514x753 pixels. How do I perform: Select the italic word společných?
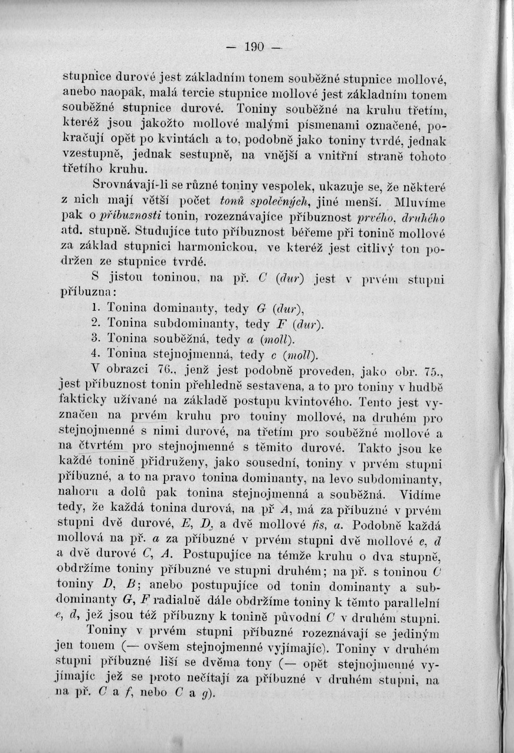click(x=270, y=200)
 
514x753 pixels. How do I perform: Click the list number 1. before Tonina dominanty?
click(x=97, y=307)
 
